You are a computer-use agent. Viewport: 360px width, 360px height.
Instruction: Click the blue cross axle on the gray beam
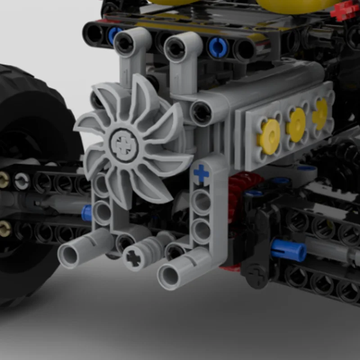[201, 174]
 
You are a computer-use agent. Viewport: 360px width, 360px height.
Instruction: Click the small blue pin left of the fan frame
[87, 211]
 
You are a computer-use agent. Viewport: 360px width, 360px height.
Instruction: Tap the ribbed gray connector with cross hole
[135, 257]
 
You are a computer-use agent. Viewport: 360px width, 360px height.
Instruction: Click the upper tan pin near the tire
[5, 180]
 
